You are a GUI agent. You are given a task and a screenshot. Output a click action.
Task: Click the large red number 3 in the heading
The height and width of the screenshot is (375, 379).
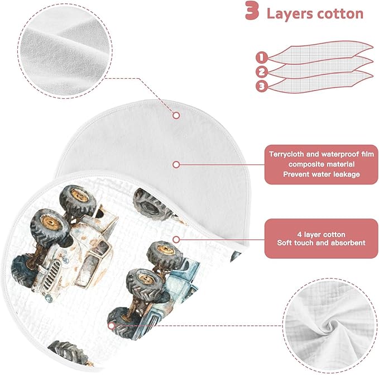253,11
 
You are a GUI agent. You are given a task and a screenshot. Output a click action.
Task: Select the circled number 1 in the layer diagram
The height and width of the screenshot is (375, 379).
262,58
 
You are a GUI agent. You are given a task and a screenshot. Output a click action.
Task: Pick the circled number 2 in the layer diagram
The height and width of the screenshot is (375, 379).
262,72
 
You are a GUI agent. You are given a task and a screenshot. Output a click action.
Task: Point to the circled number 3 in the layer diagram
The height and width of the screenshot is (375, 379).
262,86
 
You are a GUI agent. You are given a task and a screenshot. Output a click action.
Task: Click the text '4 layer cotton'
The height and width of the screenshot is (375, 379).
322,234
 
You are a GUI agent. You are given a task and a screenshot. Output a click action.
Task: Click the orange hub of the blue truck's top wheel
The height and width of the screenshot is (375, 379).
165,250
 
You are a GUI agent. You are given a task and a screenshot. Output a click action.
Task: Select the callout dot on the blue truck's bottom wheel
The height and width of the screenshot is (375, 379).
111,326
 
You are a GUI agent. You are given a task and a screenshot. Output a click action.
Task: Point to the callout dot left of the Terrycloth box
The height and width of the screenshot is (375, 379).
176,165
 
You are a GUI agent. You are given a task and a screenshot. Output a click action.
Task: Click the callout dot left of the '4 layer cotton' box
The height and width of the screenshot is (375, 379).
176,240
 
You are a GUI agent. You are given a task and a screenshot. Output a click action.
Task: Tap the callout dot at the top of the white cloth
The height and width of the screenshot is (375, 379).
176,115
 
